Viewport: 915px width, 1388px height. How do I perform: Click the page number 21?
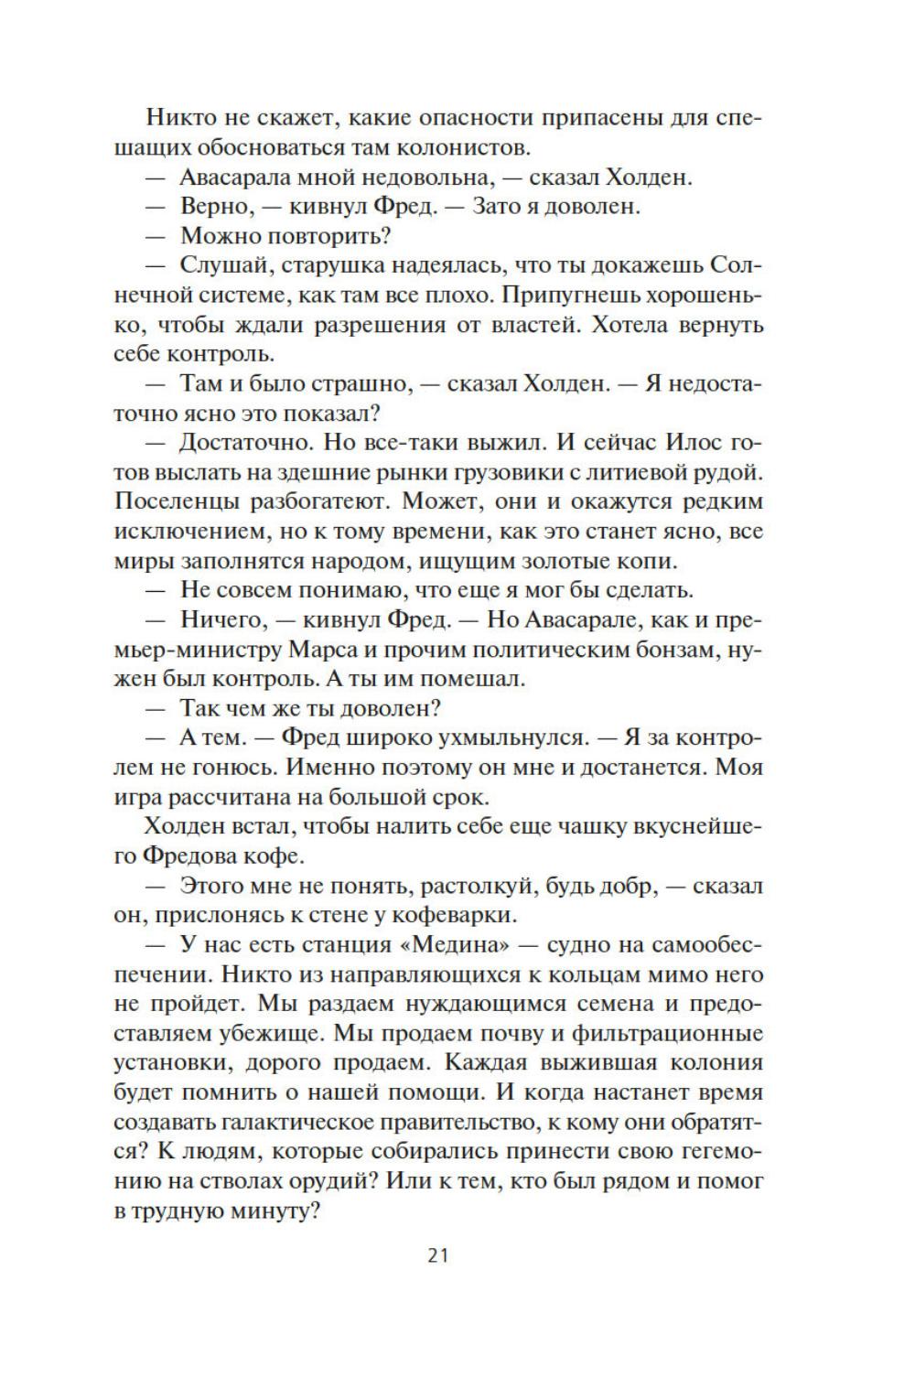(437, 1255)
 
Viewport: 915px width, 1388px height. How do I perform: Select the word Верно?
(217, 206)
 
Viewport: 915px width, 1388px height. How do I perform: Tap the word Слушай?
(221, 265)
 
